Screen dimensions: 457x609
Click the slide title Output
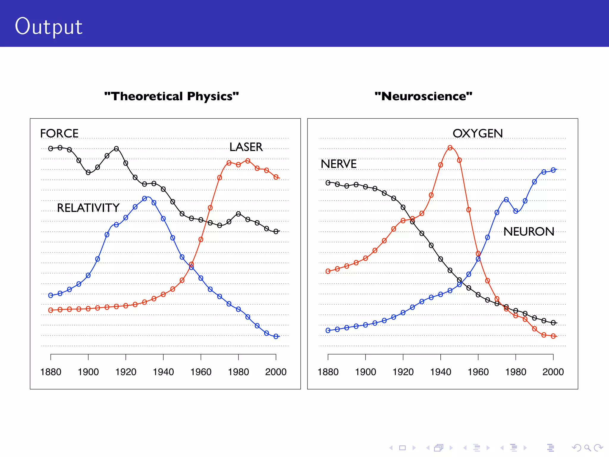[x=48, y=27]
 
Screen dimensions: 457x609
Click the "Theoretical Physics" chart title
[x=172, y=96]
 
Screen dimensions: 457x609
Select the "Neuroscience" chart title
[x=423, y=96]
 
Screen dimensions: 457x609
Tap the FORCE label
[x=59, y=133]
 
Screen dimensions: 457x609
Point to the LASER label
[x=246, y=147]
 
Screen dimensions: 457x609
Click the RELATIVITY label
[x=88, y=208]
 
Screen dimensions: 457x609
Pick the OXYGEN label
[x=478, y=133]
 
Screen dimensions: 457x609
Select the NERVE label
[x=338, y=164]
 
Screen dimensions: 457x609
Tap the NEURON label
[x=529, y=231]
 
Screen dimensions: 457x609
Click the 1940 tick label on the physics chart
[x=163, y=372]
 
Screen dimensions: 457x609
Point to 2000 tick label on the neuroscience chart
[x=553, y=372]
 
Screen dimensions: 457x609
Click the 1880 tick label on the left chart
[x=51, y=372]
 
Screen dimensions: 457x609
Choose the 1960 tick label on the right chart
[x=478, y=372]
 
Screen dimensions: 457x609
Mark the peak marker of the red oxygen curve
[x=450, y=148]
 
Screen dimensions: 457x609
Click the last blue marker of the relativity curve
[x=276, y=336]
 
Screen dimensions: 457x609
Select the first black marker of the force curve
[x=51, y=148]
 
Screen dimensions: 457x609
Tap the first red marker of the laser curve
[x=51, y=310]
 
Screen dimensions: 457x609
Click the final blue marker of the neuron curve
[x=553, y=170]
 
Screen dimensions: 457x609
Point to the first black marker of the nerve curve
[x=328, y=183]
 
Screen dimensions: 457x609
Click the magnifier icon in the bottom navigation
[x=587, y=448]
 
